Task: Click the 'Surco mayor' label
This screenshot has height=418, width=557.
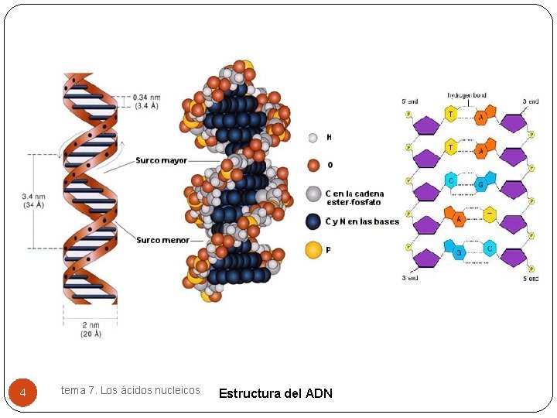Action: click(162, 161)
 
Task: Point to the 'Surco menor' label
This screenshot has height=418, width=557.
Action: click(162, 240)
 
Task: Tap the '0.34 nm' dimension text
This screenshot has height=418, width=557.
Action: click(147, 97)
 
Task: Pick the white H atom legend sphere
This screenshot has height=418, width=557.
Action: click(313, 138)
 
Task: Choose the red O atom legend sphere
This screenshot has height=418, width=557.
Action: click(313, 165)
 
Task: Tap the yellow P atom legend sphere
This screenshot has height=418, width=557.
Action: click(313, 250)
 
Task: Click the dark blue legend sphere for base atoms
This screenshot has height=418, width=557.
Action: click(313, 221)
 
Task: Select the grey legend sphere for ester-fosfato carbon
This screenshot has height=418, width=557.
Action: click(313, 194)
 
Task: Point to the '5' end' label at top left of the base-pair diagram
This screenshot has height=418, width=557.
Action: click(409, 101)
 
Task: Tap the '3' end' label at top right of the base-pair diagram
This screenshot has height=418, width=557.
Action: click(530, 101)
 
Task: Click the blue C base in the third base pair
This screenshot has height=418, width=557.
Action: click(450, 181)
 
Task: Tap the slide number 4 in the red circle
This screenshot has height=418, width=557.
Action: click(22, 393)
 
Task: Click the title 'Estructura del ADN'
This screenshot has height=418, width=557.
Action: click(275, 393)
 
